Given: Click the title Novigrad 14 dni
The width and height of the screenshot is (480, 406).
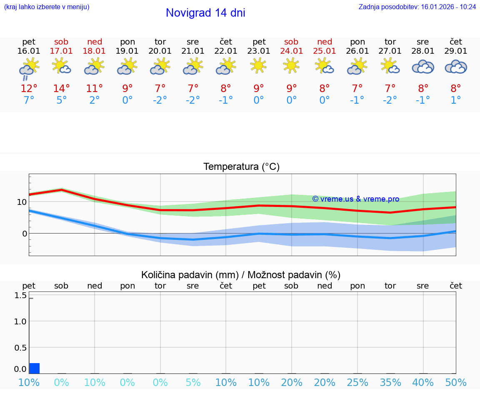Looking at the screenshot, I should coord(205,13).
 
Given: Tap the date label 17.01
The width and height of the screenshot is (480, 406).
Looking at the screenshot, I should coord(61,51).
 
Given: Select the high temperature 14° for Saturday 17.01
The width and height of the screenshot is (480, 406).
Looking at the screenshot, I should coord(61,89).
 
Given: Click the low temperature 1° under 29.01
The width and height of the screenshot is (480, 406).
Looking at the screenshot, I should coord(456,100).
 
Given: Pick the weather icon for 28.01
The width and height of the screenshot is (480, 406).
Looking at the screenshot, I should coord(423,67).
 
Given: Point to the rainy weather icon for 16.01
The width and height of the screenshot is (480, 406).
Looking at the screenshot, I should coord(29,69).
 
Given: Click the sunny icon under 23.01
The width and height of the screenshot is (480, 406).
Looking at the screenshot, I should coord(259,65).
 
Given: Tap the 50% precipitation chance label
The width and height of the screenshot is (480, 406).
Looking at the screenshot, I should coord(456,383).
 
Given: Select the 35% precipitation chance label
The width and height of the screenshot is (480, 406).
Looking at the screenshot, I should coord(390,383).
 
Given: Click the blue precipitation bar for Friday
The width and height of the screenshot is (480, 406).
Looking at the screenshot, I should coord(35,368).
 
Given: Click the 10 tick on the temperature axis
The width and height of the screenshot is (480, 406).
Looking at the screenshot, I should coord(22,202).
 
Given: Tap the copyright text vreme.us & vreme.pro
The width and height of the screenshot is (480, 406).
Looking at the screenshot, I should coord(356,199).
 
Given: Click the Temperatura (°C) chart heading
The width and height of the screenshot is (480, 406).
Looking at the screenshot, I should coord(241,167).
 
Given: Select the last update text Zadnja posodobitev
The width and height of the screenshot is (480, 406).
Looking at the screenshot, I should coord(417,7).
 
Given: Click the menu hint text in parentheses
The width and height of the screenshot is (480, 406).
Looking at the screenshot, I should coord(47,7).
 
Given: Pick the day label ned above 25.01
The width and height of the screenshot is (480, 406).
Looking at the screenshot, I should coord(325,42).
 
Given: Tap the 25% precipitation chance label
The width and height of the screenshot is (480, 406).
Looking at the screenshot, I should coord(357,383).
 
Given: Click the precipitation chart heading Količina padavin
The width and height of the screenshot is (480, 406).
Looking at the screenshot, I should coord(241,275).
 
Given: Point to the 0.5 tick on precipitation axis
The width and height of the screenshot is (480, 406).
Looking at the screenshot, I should coord(20,347).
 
